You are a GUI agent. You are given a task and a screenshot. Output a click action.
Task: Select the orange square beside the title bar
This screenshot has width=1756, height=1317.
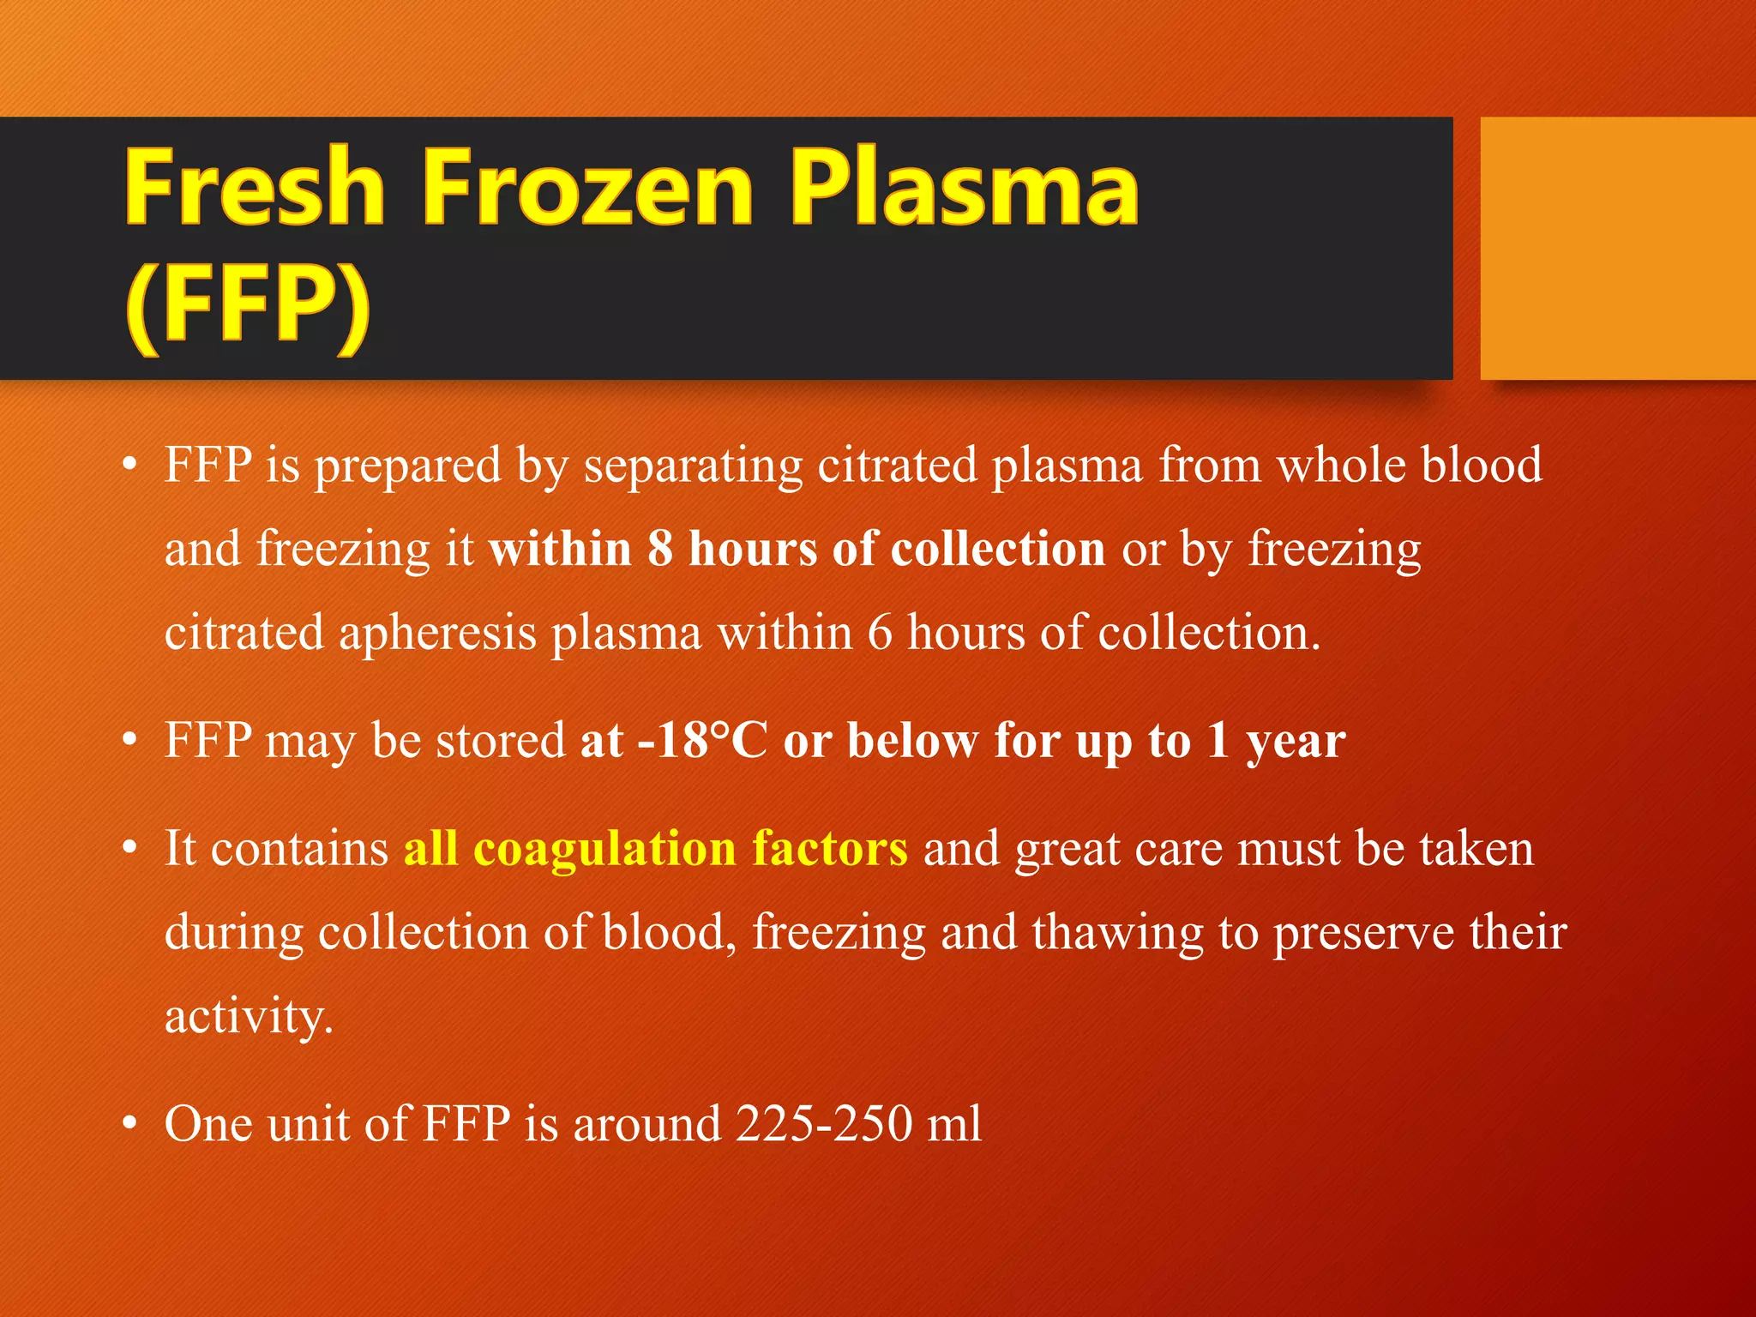[x=1617, y=249]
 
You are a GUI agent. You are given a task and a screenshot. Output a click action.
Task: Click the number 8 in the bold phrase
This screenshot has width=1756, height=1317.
[x=660, y=549]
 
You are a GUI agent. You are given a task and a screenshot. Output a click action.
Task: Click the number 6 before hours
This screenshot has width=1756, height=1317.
[x=880, y=633]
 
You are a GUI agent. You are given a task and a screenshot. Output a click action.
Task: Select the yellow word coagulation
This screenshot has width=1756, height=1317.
[x=604, y=849]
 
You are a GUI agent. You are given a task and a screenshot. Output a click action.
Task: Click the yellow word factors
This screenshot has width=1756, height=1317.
[x=829, y=849]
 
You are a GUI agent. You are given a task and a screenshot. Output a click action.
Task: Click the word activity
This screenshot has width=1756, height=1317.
[x=247, y=1017]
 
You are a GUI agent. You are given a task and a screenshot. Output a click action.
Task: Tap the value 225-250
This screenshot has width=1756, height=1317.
[x=823, y=1123]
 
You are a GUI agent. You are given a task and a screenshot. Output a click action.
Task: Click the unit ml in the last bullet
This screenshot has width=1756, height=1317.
[x=953, y=1123]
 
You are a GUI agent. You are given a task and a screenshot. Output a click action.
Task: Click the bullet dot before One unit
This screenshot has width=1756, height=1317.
[x=129, y=1123]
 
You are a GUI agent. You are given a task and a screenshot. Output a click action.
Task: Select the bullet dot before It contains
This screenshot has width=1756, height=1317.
[x=129, y=848]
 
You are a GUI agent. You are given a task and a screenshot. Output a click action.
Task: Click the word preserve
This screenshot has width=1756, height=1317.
[x=1363, y=933]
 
